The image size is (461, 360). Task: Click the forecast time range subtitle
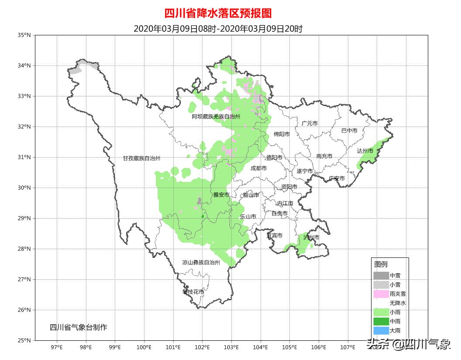pyautogui.click(x=218, y=29)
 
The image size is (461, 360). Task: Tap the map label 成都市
pyautogui.click(x=258, y=168)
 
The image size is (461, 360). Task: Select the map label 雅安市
pyautogui.click(x=221, y=195)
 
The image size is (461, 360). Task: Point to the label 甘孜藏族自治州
pyautogui.click(x=141, y=158)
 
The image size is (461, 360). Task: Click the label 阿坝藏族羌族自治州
pyautogui.click(x=216, y=117)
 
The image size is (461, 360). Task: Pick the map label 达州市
pyautogui.click(x=365, y=151)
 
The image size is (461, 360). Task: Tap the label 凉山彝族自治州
pyautogui.click(x=201, y=263)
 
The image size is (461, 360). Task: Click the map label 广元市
pyautogui.click(x=310, y=123)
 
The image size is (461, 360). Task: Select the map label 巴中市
pyautogui.click(x=349, y=130)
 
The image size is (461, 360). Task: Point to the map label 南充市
pyautogui.click(x=324, y=156)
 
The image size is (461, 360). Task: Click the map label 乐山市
pyautogui.click(x=248, y=216)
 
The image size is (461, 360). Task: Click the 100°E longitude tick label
pyautogui.click(x=144, y=347)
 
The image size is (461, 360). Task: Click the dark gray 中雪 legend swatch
pyautogui.click(x=381, y=275)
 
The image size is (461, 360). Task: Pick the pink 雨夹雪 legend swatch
pyautogui.click(x=381, y=294)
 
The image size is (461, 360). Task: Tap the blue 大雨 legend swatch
pyautogui.click(x=381, y=330)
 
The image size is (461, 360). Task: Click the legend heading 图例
pyautogui.click(x=380, y=264)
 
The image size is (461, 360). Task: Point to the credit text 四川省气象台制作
pyautogui.click(x=78, y=327)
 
